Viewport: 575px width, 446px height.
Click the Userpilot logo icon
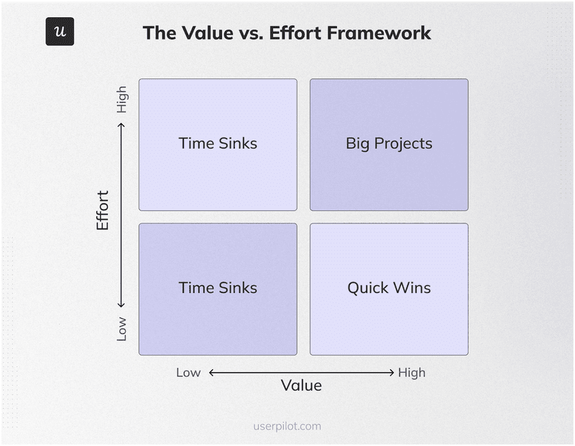[x=60, y=32]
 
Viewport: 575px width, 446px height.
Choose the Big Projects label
[x=389, y=144]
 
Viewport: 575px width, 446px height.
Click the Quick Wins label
[x=389, y=288]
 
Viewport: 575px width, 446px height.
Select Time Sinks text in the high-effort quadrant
[x=218, y=144]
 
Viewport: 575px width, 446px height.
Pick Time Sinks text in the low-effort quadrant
[x=218, y=288]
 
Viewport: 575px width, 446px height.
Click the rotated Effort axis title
[x=103, y=210]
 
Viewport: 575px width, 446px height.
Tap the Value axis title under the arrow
[x=301, y=386]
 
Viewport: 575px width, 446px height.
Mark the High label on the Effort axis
[x=121, y=99]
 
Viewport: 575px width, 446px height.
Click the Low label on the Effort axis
[x=121, y=328]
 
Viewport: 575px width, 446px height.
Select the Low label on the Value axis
[x=188, y=372]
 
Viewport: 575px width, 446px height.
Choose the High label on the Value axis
[x=412, y=372]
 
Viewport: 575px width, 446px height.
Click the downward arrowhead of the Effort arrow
[x=121, y=305]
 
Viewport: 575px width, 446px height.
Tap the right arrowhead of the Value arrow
[x=392, y=372]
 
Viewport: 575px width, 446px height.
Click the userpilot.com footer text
[x=287, y=426]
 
